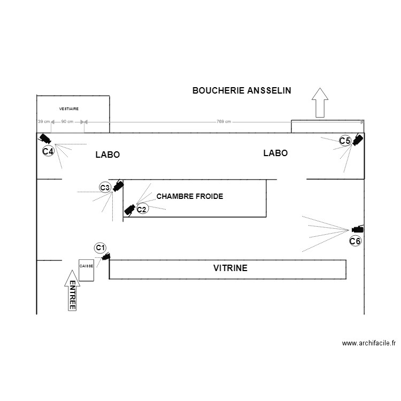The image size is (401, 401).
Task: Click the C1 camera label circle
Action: (x=100, y=248)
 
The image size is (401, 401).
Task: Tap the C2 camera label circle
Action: (x=141, y=210)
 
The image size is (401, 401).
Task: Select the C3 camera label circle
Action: (x=105, y=188)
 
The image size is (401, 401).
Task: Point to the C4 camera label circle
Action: (x=48, y=151)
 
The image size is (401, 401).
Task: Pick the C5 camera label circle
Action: (x=345, y=141)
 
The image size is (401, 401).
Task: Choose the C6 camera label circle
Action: (x=355, y=241)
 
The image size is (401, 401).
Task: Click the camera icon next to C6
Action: (x=358, y=229)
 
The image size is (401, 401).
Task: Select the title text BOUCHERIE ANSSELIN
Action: (x=242, y=91)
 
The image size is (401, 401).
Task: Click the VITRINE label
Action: (x=230, y=268)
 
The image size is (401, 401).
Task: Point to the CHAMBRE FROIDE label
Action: (x=190, y=197)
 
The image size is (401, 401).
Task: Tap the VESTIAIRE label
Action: (x=69, y=109)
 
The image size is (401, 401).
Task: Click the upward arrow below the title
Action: (x=320, y=102)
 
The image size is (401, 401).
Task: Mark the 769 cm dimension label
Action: (x=224, y=122)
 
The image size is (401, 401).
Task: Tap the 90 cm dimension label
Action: (x=67, y=122)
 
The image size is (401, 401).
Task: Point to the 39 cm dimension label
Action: (x=43, y=122)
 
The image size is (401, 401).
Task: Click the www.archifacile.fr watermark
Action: (x=368, y=343)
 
